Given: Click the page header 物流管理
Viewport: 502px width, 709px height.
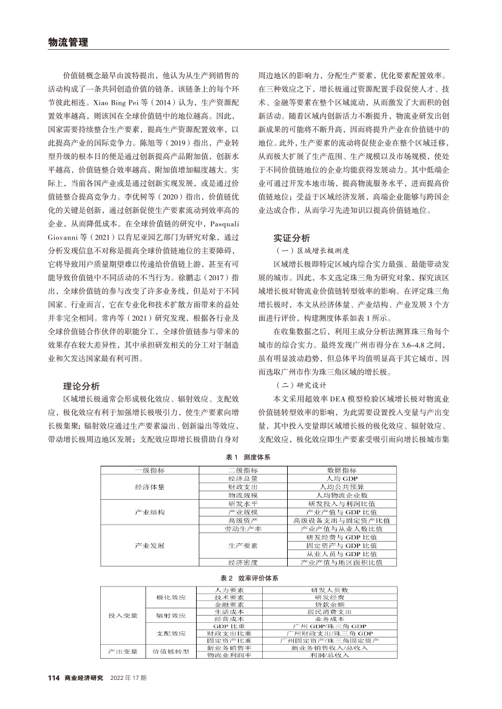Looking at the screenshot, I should pyautogui.click(x=67, y=42).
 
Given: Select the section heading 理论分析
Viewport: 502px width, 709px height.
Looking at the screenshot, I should pyautogui.click(x=82, y=386).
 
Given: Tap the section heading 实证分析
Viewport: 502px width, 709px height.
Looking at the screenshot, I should pyautogui.click(x=291, y=238).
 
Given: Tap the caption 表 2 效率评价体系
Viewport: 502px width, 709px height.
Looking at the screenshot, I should pyautogui.click(x=251, y=578).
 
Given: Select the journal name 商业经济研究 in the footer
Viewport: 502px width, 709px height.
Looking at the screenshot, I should pyautogui.click(x=84, y=677).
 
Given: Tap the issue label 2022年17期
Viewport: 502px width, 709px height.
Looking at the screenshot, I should pyautogui.click(x=128, y=677).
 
